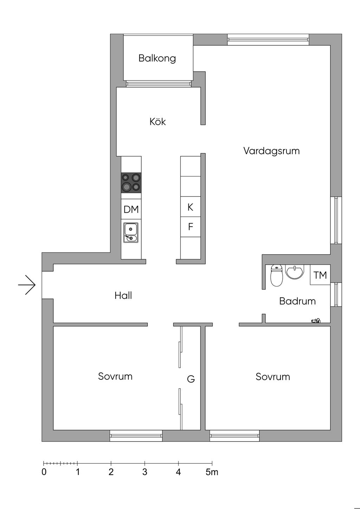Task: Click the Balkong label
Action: (157, 58)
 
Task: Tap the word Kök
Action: (157, 122)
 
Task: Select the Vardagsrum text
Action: (271, 151)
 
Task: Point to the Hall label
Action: (123, 295)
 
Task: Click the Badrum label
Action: (297, 301)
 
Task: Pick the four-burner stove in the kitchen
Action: (131, 183)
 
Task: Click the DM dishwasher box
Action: (131, 209)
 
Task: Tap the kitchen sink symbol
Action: (131, 232)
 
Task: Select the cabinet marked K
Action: (191, 207)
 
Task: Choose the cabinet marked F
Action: (191, 227)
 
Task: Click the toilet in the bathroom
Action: (276, 275)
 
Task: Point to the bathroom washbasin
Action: (294, 272)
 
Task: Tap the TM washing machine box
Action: (320, 275)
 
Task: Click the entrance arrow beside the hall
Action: (27, 285)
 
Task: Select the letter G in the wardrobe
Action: (191, 379)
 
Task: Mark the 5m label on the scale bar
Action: (212, 472)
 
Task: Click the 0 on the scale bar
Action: (44, 472)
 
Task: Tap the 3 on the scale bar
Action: (144, 472)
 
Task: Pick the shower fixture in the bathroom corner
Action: (316, 320)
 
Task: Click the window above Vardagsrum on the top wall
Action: (268, 39)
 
